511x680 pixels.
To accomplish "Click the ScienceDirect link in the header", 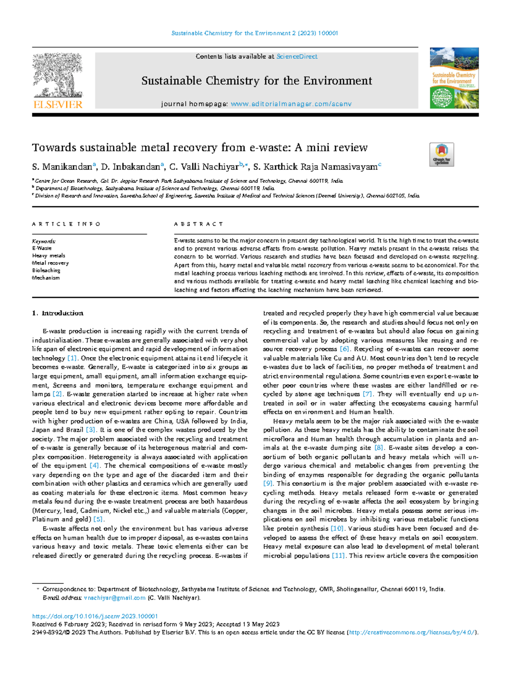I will pyautogui.click(x=297, y=57).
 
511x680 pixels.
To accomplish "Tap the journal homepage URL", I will pyautogui.click(x=291, y=104).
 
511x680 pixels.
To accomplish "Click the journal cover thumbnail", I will pyautogui.click(x=454, y=78).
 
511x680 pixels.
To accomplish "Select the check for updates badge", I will pyautogui.click(x=442, y=154).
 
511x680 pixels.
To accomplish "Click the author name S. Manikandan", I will pyautogui.click(x=62, y=167).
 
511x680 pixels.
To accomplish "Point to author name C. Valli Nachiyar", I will pyautogui.click(x=204, y=167).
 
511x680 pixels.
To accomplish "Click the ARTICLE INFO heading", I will pyautogui.click(x=66, y=224).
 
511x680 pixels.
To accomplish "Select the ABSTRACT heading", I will pyautogui.click(x=198, y=224).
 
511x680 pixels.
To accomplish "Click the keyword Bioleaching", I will pyautogui.click(x=46, y=270).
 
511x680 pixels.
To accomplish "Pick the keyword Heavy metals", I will pyautogui.click(x=49, y=256).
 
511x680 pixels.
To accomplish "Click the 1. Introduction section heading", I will pyautogui.click(x=58, y=313).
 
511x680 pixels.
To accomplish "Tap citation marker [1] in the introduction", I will pyautogui.click(x=72, y=358).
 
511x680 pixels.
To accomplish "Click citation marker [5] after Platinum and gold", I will pyautogui.click(x=98, y=520).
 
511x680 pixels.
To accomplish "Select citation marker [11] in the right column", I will pyautogui.click(x=338, y=556).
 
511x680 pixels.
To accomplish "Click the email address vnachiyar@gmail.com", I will pyautogui.click(x=115, y=598).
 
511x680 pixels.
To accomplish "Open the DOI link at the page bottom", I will pyautogui.click(x=95, y=616).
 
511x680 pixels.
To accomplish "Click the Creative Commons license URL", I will pyautogui.click(x=412, y=632).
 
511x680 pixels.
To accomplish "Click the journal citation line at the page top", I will pyautogui.click(x=255, y=33).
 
